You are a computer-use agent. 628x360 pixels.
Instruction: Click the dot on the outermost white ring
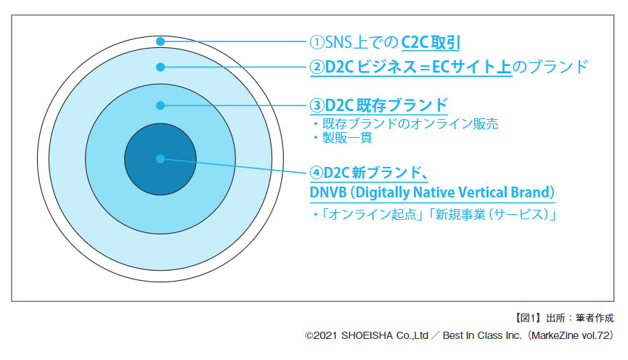tap(160, 41)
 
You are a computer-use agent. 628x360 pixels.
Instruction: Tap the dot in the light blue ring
tap(160, 67)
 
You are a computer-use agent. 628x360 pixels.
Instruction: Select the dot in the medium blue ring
tap(160, 105)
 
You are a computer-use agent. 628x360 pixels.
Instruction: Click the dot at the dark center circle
tap(160, 158)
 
